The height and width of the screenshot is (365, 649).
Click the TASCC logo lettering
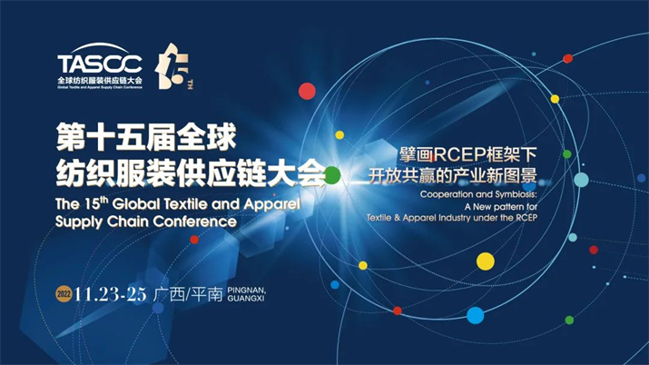click(x=100, y=64)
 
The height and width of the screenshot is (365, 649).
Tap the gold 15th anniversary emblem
click(x=173, y=66)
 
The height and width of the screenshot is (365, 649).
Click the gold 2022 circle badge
click(x=64, y=294)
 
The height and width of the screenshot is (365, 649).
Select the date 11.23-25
click(x=110, y=294)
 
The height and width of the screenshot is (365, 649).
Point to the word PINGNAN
click(x=247, y=291)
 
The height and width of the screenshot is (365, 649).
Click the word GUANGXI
click(x=246, y=299)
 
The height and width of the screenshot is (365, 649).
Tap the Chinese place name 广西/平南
click(x=188, y=294)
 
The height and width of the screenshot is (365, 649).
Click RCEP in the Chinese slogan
click(x=459, y=155)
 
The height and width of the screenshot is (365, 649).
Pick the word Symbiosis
click(x=516, y=194)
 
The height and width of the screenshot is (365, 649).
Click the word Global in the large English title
click(x=135, y=203)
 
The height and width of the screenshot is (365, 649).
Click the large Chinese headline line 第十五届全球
click(x=146, y=137)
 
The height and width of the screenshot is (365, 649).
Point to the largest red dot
click(x=307, y=91)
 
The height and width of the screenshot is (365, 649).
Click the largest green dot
click(x=332, y=175)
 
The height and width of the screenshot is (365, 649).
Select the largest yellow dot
click(x=486, y=261)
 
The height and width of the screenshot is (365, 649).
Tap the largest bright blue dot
click(x=475, y=315)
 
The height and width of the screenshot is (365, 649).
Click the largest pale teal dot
click(x=581, y=180)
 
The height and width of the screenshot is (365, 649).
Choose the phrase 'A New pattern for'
click(x=501, y=206)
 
